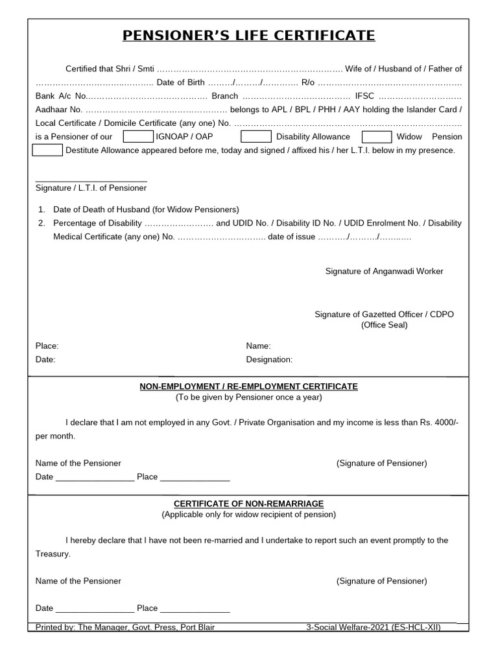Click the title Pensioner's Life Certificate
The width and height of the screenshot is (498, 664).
click(x=249, y=35)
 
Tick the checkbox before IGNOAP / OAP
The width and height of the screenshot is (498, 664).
click(x=138, y=137)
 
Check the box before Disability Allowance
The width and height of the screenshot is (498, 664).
click(x=255, y=137)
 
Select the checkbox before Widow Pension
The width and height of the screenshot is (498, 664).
click(x=377, y=137)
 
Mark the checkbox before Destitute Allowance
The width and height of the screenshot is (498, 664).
click(x=47, y=150)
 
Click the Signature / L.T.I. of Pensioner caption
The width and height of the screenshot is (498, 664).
click(x=91, y=188)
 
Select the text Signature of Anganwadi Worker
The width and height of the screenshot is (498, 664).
click(x=384, y=271)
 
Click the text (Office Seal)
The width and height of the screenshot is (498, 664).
click(x=384, y=325)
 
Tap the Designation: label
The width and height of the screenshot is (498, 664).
click(x=269, y=359)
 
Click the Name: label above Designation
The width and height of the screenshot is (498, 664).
click(x=258, y=346)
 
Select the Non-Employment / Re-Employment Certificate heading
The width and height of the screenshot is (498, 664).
click(x=249, y=386)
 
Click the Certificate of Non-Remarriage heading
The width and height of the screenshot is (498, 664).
click(x=249, y=504)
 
